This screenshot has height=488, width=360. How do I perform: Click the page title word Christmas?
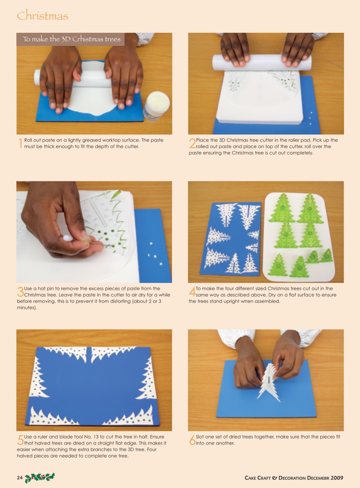(42, 16)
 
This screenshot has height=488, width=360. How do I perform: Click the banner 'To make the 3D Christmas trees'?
(71, 39)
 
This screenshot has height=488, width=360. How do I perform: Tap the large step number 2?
(192, 144)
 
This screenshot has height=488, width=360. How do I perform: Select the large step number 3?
(20, 292)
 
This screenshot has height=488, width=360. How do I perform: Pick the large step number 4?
(192, 292)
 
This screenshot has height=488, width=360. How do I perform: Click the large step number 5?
(20, 440)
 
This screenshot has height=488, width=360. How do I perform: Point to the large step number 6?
(192, 440)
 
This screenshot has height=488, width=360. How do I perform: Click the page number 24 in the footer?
(20, 478)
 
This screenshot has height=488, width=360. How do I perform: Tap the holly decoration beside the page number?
(40, 477)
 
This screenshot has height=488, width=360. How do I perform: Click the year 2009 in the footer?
(337, 478)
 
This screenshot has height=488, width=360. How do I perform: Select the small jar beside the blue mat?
(156, 105)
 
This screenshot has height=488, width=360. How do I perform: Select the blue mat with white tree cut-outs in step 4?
(230, 238)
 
